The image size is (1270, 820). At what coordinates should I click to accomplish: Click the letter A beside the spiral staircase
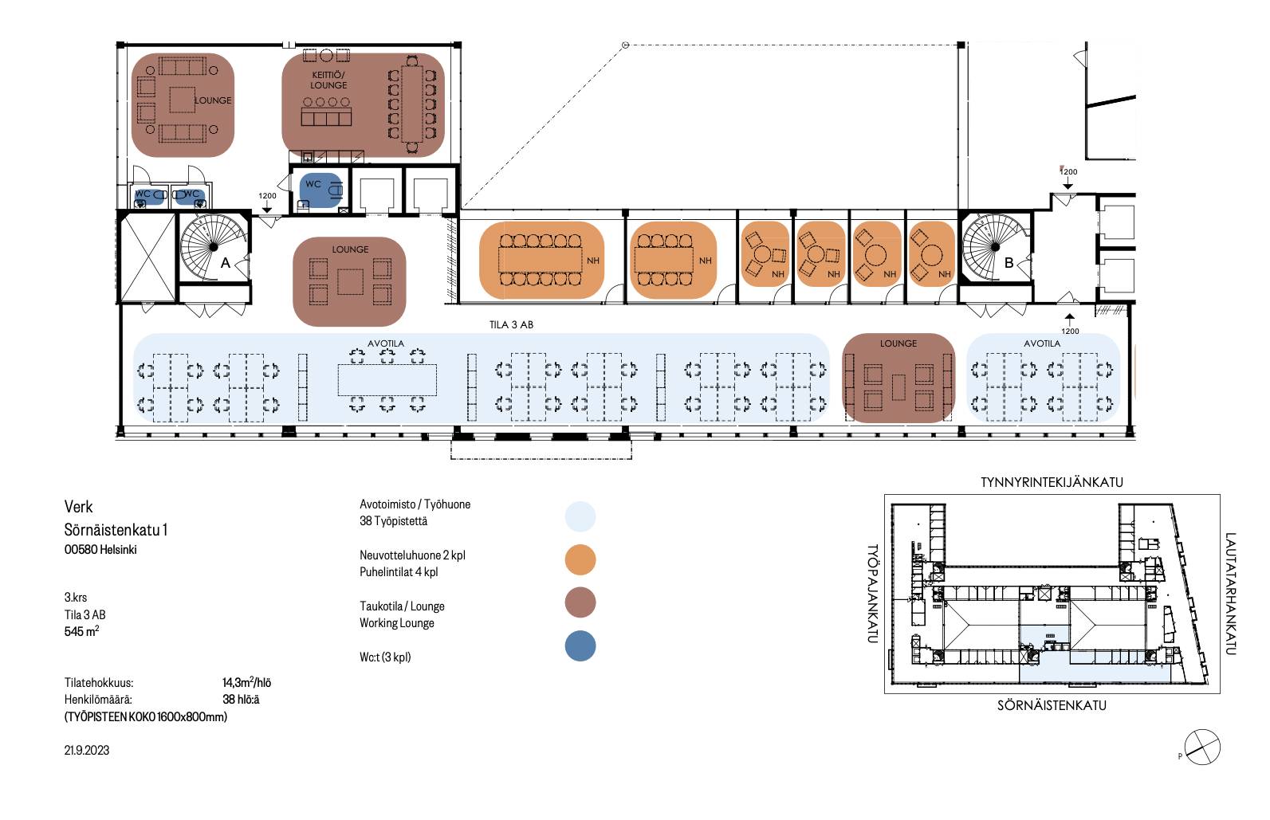tap(225, 263)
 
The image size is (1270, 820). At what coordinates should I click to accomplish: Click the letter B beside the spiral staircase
tap(1009, 263)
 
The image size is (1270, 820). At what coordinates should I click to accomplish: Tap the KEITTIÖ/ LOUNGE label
tap(328, 80)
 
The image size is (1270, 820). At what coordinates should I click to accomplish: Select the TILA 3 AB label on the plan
tap(511, 324)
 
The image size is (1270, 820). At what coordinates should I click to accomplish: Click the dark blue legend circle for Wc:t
tap(580, 646)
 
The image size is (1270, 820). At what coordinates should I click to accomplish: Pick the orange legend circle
tap(580, 560)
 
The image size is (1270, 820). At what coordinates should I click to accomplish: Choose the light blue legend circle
tap(580, 516)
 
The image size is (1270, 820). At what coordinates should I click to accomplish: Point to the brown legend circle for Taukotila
tap(580, 602)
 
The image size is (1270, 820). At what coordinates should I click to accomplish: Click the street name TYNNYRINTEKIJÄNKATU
tap(1052, 482)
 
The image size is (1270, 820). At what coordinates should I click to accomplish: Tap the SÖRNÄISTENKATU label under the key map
tap(1052, 705)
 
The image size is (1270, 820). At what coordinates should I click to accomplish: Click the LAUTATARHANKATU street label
tap(1230, 594)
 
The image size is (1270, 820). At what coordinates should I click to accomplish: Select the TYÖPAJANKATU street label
tap(872, 594)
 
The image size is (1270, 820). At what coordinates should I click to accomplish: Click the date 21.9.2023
tap(87, 751)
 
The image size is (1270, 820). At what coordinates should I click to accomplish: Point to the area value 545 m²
tap(81, 631)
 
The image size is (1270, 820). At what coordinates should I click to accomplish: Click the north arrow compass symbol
tap(1202, 747)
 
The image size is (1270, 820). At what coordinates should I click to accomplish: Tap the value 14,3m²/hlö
tap(246, 682)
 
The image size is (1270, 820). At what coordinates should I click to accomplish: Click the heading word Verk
tap(78, 507)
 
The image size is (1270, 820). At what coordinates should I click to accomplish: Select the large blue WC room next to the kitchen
tap(321, 190)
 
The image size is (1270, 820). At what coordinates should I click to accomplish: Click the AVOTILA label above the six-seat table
tap(386, 343)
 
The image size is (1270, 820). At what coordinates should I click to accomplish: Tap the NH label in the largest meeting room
tap(593, 261)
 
